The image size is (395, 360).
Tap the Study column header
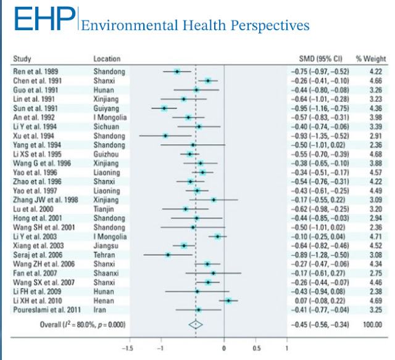23,59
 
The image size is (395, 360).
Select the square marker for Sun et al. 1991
164,108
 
